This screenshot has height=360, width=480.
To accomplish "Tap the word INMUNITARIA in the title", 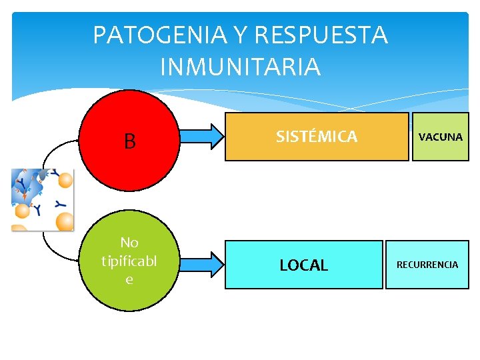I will pyautogui.click(x=241, y=67).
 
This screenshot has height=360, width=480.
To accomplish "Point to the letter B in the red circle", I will pyautogui.click(x=129, y=141).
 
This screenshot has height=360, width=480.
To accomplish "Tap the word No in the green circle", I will pyautogui.click(x=129, y=243).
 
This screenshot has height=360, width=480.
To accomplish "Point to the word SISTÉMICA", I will pyautogui.click(x=317, y=137).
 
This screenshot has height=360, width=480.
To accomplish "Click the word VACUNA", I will pyautogui.click(x=440, y=137).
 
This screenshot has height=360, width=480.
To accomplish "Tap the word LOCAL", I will pyautogui.click(x=304, y=265).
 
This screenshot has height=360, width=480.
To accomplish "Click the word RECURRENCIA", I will pyautogui.click(x=427, y=265).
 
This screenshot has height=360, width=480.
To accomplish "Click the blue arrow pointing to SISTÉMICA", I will pyautogui.click(x=200, y=135).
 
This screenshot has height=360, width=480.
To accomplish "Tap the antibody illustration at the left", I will pyautogui.click(x=42, y=199).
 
